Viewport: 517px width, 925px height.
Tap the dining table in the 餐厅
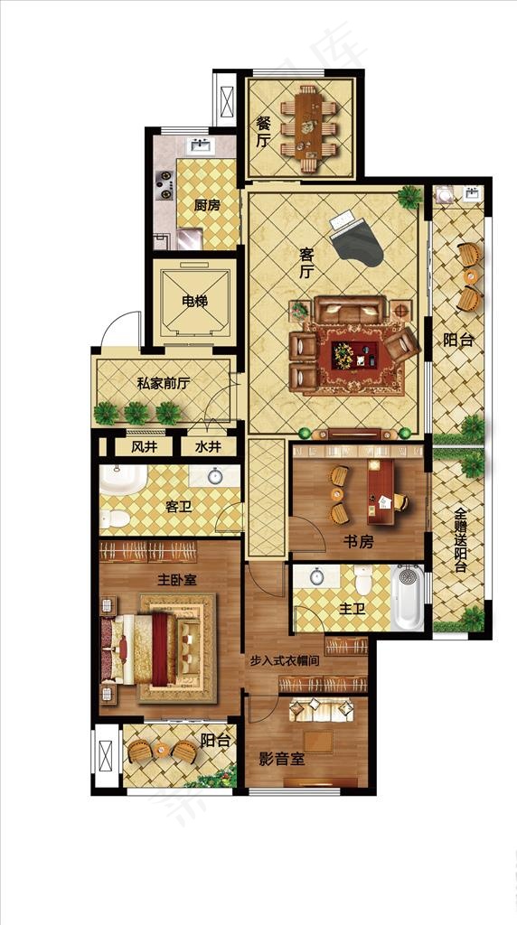click(307, 127)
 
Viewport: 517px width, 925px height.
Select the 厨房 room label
click(207, 205)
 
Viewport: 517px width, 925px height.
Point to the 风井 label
click(144, 448)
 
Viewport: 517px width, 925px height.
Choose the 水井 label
click(208, 448)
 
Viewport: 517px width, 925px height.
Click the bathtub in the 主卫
click(408, 598)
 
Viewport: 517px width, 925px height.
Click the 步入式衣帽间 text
click(284, 660)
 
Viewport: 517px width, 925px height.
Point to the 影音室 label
click(282, 759)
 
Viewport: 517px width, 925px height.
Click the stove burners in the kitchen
click(164, 184)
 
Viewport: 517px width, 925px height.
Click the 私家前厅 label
click(163, 384)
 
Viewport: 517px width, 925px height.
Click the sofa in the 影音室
click(321, 710)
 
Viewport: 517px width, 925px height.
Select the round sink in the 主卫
click(317, 577)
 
